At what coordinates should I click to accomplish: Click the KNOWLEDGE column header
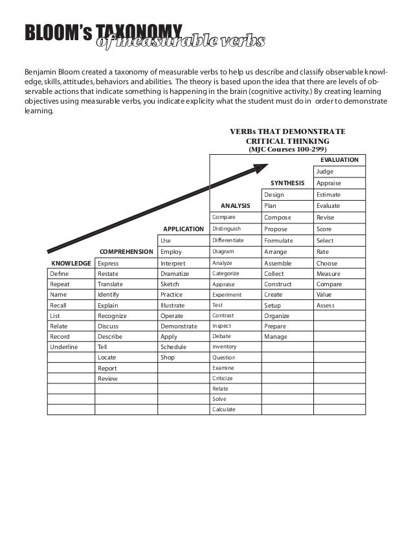(x=71, y=264)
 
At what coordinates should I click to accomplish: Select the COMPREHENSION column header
(x=126, y=252)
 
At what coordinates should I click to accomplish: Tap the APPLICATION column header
(x=183, y=229)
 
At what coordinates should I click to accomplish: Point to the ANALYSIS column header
(x=236, y=206)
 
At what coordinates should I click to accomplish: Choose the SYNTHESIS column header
(x=287, y=183)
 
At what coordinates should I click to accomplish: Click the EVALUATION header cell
(x=339, y=160)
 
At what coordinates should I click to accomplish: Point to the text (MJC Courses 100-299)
(x=287, y=149)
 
